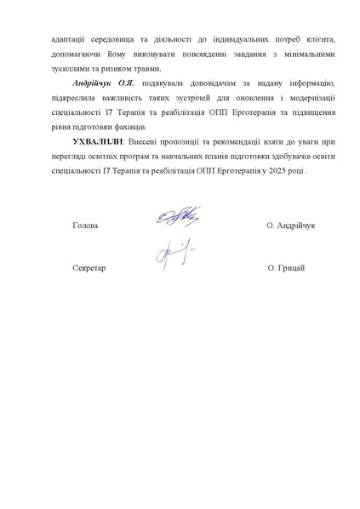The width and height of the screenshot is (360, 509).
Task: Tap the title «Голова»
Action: coord(86,226)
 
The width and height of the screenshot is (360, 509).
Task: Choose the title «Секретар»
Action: coord(89,269)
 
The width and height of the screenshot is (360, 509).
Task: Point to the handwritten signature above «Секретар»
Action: coord(174,252)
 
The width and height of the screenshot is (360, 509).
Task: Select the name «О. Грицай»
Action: coord(286,269)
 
